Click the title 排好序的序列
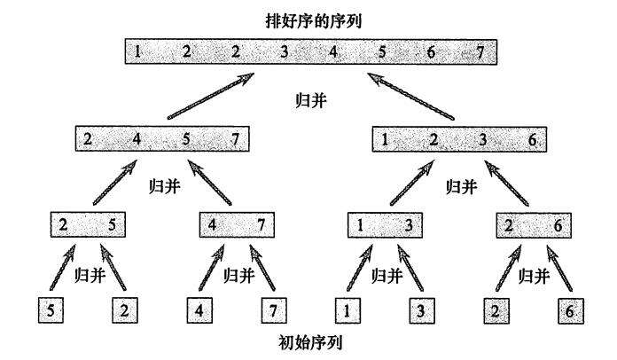[x=310, y=19]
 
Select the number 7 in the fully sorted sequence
[x=480, y=51]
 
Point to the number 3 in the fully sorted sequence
[x=284, y=51]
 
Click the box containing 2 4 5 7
[x=162, y=139]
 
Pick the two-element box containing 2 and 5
[x=89, y=224]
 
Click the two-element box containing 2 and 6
[x=532, y=224]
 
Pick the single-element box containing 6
[x=568, y=312]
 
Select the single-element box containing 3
[x=420, y=312]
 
